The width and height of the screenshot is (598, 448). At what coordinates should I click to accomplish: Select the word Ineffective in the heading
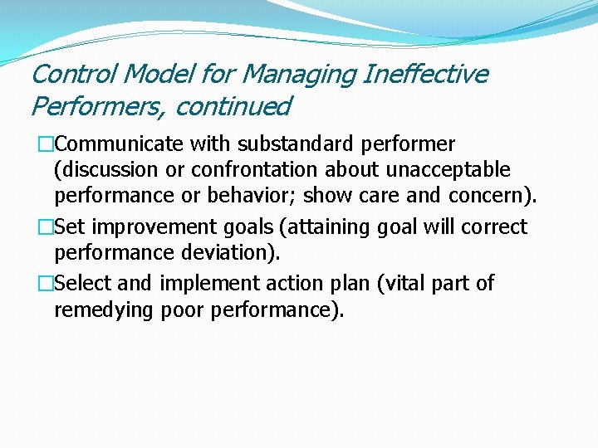(425, 75)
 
